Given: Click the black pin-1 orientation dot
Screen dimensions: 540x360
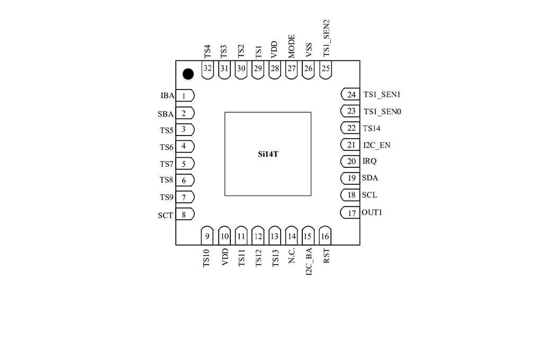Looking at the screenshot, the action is click(188, 74).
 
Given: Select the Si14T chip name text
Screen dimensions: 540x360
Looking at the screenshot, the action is click(268, 154).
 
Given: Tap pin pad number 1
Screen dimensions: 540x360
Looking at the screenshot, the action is click(185, 96).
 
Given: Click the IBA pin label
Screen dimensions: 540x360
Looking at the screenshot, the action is click(167, 95).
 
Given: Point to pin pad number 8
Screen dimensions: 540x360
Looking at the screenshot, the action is click(185, 214).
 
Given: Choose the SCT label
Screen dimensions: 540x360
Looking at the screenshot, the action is click(165, 215).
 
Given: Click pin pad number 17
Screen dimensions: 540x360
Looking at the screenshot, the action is click(350, 212).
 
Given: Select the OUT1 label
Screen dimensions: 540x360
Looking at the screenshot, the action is click(372, 212).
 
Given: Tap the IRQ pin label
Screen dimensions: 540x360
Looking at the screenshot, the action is click(370, 161).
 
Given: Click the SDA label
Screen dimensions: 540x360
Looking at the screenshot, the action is click(370, 178).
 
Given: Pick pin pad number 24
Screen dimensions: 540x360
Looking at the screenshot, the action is click(350, 94).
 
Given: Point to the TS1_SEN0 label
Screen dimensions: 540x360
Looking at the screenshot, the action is click(382, 112).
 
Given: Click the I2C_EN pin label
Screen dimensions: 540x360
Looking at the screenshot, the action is click(377, 145).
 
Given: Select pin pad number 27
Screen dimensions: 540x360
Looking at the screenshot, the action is click(291, 70).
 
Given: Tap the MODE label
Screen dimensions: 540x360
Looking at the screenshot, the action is click(291, 46).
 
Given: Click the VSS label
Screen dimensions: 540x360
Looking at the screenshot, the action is click(309, 50).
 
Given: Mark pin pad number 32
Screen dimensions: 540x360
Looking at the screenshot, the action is click(208, 70).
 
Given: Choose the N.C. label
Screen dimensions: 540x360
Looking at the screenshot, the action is click(291, 255).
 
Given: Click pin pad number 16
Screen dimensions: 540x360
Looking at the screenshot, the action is click(325, 236).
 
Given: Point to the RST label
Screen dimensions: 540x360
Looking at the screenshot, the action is click(326, 256).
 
